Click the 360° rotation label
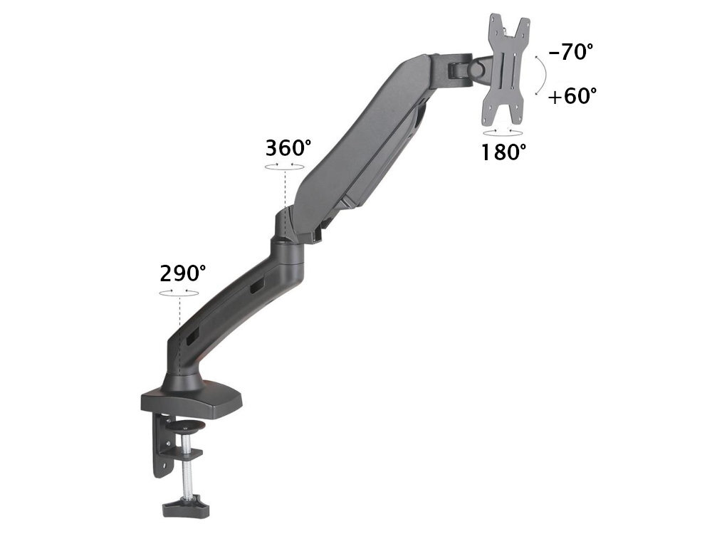click(288, 148)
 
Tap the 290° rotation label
click(183, 273)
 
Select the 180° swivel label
click(503, 152)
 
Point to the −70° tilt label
click(571, 52)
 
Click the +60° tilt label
click(572, 96)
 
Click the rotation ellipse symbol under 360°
click(285, 167)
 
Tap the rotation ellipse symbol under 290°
click(179, 292)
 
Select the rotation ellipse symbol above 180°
click(501, 132)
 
